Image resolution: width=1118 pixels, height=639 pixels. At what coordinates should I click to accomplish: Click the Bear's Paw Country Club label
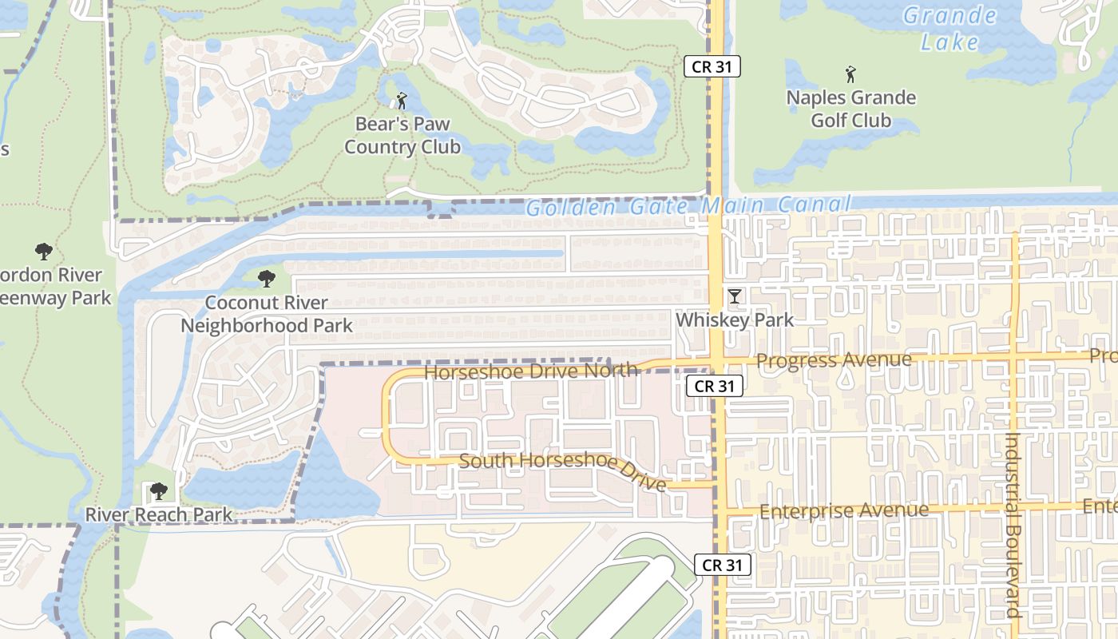(x=402, y=136)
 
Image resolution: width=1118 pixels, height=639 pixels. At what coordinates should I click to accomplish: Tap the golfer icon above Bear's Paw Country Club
(x=402, y=101)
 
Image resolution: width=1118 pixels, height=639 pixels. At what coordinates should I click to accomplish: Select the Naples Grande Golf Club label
(x=851, y=109)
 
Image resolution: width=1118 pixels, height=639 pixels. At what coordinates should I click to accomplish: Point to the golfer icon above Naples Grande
(x=851, y=75)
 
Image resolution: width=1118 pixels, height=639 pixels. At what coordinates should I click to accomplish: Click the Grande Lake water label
(x=950, y=28)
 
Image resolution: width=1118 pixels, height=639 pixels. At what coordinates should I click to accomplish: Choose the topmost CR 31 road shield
(x=712, y=66)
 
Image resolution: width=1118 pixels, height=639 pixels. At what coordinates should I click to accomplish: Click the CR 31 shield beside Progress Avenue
(x=715, y=386)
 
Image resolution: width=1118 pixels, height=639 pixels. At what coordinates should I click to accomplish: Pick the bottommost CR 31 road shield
(x=722, y=565)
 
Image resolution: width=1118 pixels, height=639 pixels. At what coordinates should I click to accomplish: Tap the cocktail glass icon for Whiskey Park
(x=734, y=297)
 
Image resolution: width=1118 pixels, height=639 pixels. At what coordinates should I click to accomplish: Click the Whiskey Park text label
(x=735, y=320)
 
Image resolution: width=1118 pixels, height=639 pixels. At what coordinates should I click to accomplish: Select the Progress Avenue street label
(x=834, y=360)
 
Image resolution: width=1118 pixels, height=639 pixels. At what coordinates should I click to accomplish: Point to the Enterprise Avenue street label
(x=844, y=510)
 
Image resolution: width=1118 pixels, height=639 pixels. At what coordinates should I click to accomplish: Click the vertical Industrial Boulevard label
(x=1013, y=525)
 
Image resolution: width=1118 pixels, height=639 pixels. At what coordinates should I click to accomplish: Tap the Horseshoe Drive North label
(x=531, y=371)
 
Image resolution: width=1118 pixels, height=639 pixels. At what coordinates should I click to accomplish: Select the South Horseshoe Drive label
(x=563, y=471)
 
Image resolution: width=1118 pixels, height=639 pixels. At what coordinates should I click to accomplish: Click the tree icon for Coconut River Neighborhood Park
(x=266, y=279)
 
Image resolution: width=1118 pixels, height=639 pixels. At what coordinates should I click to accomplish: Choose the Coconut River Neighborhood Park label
(x=266, y=314)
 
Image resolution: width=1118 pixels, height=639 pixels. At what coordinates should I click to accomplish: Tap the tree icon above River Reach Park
(x=159, y=490)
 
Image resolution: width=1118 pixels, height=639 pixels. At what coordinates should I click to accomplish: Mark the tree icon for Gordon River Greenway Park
(x=44, y=252)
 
